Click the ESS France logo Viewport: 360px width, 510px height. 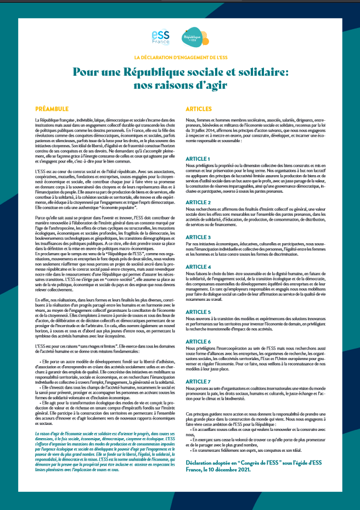tap(160, 37)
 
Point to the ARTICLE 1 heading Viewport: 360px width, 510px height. tap(201, 159)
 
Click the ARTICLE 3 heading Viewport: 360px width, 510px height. tap(201, 237)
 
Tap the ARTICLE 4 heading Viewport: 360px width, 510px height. tap(201, 266)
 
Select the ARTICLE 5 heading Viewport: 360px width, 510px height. tap(201, 311)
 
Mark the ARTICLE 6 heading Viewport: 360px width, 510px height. tap(201, 341)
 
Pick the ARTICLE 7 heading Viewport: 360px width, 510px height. tap(201, 381)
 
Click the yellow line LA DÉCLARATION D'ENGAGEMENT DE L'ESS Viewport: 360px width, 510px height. tap(181, 57)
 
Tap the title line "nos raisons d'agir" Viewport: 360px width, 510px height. tap(180, 86)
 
